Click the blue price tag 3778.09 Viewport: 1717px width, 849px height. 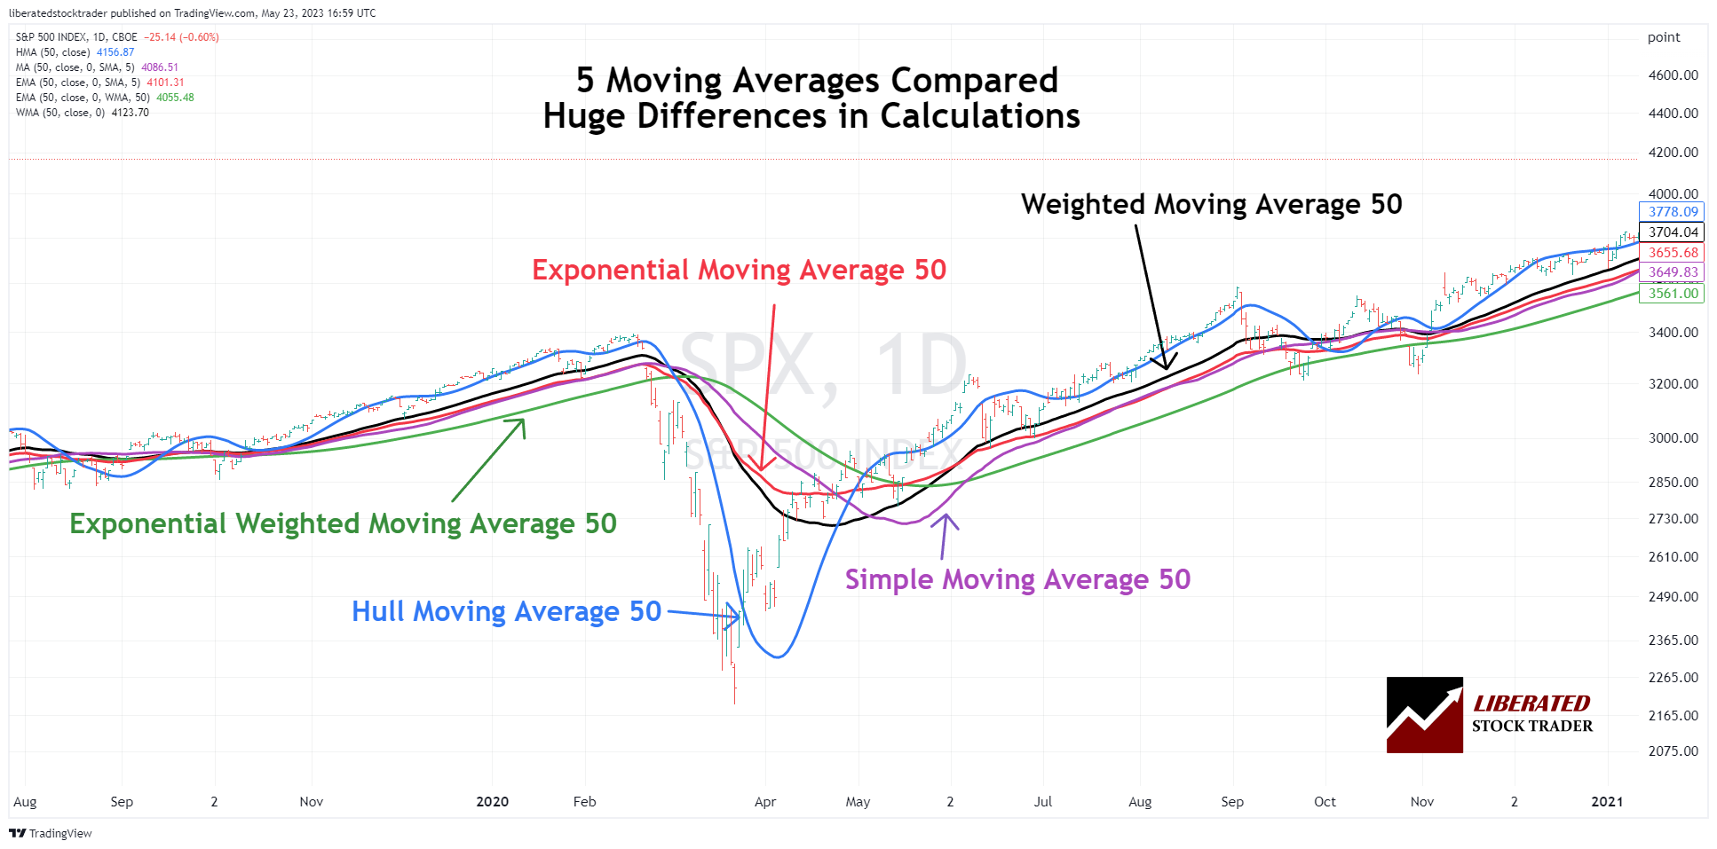click(x=1672, y=212)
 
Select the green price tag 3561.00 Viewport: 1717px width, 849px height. click(x=1672, y=294)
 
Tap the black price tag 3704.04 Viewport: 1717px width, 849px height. click(x=1672, y=232)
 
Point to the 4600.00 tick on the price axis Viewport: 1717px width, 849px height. click(x=1673, y=75)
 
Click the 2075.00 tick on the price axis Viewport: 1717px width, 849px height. click(x=1673, y=751)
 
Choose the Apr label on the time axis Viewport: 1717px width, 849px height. click(x=764, y=802)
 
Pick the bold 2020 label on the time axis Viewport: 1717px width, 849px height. click(x=492, y=802)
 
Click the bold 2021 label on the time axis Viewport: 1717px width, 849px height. click(x=1606, y=802)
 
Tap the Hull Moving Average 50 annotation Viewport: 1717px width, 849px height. click(x=506, y=611)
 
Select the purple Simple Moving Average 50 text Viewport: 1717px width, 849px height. click(x=1017, y=579)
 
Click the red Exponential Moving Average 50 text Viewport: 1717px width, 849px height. click(x=739, y=270)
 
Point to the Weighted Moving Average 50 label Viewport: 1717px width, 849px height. click(x=1211, y=204)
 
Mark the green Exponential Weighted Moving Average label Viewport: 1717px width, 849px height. click(x=343, y=523)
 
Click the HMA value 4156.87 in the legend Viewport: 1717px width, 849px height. click(x=115, y=52)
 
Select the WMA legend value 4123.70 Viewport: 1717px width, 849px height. click(x=130, y=113)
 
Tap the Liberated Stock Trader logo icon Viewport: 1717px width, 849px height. click(x=1424, y=715)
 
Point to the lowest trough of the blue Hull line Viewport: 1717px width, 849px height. click(x=778, y=656)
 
